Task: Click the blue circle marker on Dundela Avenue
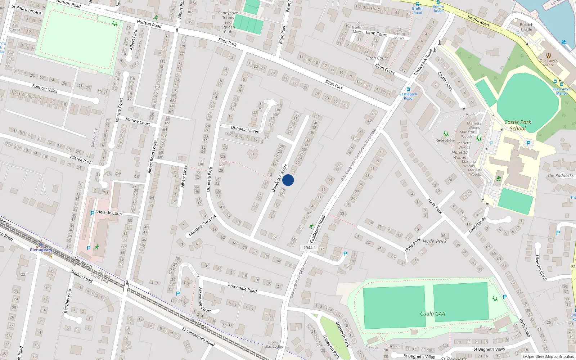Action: click(x=288, y=180)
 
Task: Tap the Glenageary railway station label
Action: click(x=41, y=250)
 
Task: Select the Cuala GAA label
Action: click(x=432, y=314)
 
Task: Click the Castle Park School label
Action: click(x=518, y=125)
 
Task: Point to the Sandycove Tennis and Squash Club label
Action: click(x=228, y=22)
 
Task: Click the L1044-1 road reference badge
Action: click(x=309, y=248)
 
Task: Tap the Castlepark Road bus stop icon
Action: click(x=408, y=89)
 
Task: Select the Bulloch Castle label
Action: click(x=526, y=27)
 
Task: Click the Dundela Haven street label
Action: click(x=245, y=129)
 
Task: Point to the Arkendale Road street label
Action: click(x=242, y=288)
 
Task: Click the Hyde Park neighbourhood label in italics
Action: click(x=435, y=242)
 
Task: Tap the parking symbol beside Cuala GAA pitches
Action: click(x=504, y=297)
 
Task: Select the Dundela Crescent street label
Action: click(x=202, y=225)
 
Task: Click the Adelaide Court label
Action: click(x=109, y=213)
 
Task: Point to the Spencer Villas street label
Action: click(x=45, y=89)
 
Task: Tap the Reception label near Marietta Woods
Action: click(x=445, y=140)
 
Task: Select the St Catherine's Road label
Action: click(x=198, y=337)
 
